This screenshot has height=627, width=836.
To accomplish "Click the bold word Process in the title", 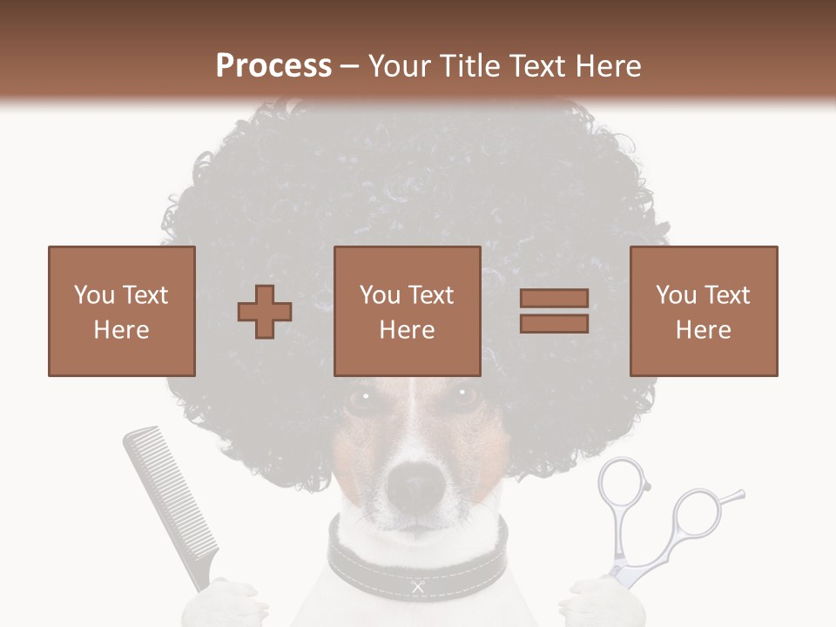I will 273,66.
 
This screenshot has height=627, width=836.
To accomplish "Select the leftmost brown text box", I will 122,311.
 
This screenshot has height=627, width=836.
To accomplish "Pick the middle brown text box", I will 408,311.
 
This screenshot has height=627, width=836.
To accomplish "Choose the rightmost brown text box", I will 704,311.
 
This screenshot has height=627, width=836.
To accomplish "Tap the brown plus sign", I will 265,312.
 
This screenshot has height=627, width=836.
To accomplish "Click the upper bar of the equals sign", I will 554,298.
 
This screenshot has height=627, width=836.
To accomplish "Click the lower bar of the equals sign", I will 554,323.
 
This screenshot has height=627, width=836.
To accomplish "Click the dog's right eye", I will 464,397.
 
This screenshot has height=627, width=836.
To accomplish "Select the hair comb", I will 170,496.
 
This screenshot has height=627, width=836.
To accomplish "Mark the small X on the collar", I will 418,587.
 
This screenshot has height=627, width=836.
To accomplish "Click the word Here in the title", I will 604,66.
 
